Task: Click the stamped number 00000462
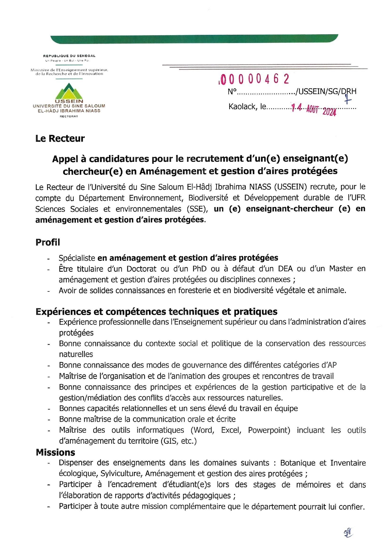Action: (254, 79)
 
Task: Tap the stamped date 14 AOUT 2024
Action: (313, 109)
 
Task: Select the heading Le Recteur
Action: (60, 138)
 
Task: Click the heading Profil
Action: (48, 242)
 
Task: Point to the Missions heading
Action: (56, 452)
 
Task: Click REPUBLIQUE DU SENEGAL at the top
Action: (69, 56)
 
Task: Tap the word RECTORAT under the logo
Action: (69, 116)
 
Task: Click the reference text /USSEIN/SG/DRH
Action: (326, 92)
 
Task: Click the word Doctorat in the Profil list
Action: (141, 269)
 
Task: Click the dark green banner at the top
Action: (194, 39)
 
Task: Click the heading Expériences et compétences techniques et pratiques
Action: (156, 312)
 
